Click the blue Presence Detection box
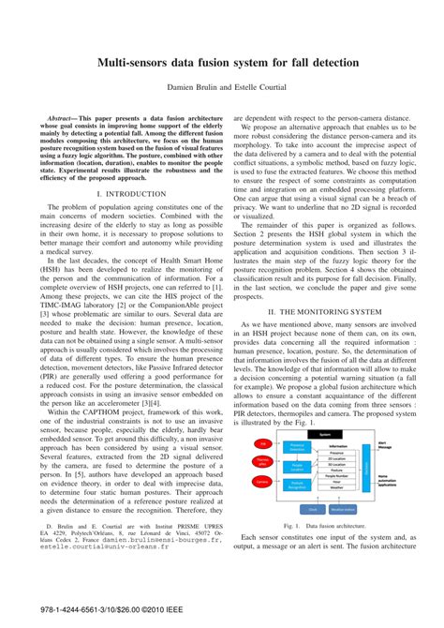pos(296,446)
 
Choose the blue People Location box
pos(296,466)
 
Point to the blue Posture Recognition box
pos(296,485)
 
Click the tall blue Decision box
pos(365,466)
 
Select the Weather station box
pos(342,509)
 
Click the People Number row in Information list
pos(336,475)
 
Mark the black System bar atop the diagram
pos(325,435)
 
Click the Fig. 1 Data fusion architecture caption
pos(323,526)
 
